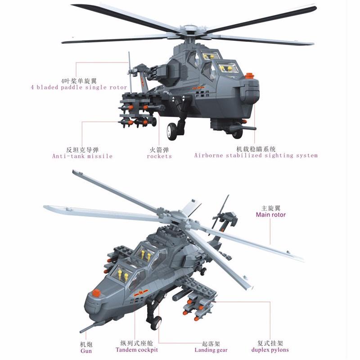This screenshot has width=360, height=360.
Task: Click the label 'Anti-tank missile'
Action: coord(82,156)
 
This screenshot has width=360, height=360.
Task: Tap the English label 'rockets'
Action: coord(159,156)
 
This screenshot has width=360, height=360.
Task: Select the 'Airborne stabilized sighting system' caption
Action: coord(256,156)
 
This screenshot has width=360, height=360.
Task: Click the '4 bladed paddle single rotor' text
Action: coord(79,87)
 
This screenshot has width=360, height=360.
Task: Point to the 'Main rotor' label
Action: coord(271,215)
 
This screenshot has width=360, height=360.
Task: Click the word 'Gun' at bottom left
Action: coord(86,351)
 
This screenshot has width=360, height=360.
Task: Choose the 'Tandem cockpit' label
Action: coord(137,350)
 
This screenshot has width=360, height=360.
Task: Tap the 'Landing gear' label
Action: coord(211,350)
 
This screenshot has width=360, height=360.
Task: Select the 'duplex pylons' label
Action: coord(270,350)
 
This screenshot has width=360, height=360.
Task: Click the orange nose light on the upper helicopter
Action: coord(250,76)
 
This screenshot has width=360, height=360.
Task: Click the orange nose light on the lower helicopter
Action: coord(96,293)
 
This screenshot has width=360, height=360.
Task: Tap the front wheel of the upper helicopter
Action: coord(172,131)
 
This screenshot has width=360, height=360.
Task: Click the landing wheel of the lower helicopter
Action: coord(156,323)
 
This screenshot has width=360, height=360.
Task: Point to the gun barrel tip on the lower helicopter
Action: coord(81,332)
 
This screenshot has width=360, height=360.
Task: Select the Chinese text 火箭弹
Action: coord(159,150)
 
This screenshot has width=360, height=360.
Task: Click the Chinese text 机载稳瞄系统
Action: coord(256,149)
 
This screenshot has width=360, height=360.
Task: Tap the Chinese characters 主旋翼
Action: coord(271,208)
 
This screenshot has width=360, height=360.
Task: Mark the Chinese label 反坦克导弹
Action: coord(82,150)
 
